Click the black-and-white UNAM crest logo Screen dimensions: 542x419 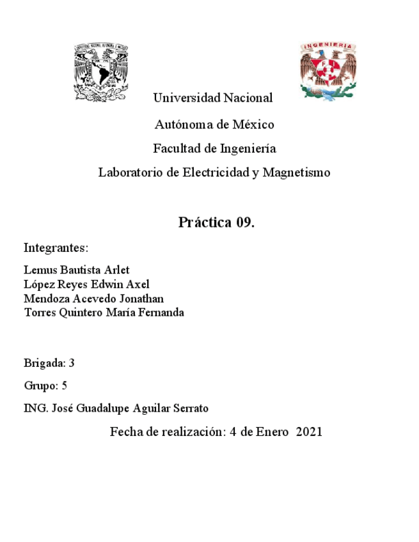pos(101,72)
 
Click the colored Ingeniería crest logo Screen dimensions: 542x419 pos(328,70)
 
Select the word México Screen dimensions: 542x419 pos(253,124)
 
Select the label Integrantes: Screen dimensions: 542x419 pos(56,247)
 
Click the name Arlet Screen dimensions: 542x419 pos(117,270)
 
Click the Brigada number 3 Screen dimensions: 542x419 pos(72,364)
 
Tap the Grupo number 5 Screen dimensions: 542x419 pos(64,386)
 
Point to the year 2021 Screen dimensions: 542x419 pos(309,432)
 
